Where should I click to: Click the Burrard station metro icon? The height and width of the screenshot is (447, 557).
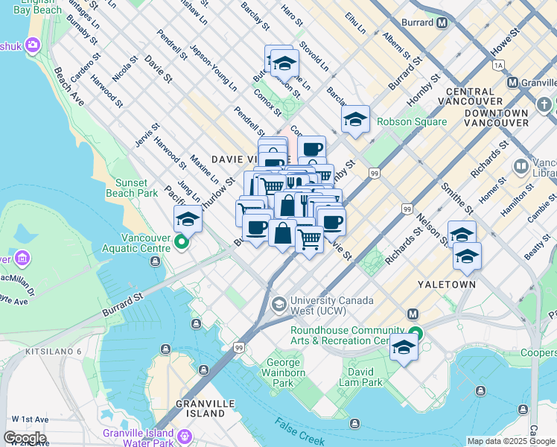(x=442, y=23)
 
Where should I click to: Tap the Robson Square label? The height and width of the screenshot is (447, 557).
(x=412, y=121)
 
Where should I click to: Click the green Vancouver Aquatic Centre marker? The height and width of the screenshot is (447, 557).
(x=182, y=242)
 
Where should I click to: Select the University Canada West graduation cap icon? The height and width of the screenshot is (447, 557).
(x=278, y=303)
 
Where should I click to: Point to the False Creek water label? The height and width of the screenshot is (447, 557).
(x=299, y=431)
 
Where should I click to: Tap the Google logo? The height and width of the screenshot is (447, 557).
(x=25, y=438)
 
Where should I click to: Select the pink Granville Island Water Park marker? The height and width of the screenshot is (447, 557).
(x=184, y=436)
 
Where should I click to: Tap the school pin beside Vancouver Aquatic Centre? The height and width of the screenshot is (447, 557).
(x=188, y=219)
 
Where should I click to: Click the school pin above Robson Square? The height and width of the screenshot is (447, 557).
(x=355, y=119)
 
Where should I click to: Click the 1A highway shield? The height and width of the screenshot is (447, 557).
(x=498, y=66)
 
